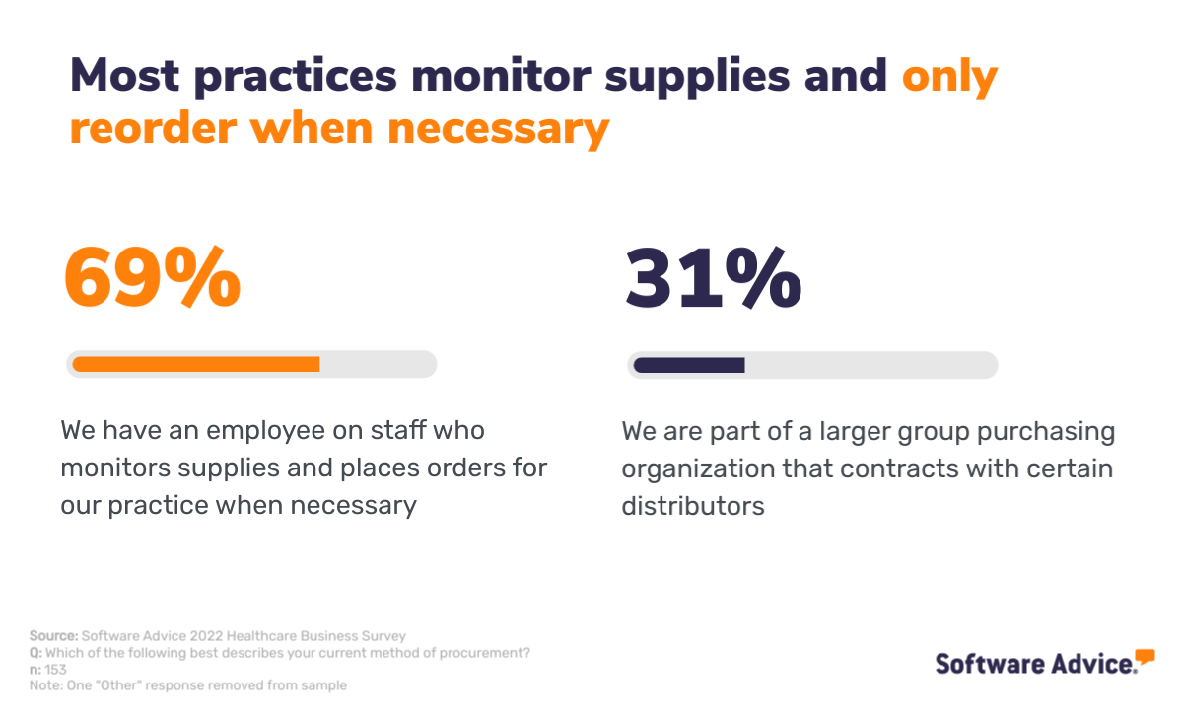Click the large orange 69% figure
click(x=152, y=278)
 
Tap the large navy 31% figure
click(x=713, y=278)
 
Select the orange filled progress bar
click(x=196, y=364)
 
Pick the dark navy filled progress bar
click(x=689, y=365)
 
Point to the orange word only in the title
click(x=949, y=76)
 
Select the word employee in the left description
click(x=262, y=431)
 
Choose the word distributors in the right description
click(x=692, y=507)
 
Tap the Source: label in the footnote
click(x=53, y=636)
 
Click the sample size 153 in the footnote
click(x=55, y=669)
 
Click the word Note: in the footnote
click(x=45, y=685)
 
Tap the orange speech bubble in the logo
click(x=1144, y=657)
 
